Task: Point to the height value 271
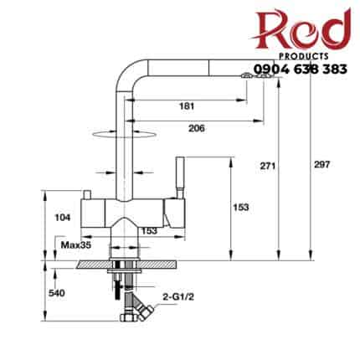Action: [x=265, y=167]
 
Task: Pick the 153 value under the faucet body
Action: [x=150, y=230]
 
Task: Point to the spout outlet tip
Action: [x=255, y=75]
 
